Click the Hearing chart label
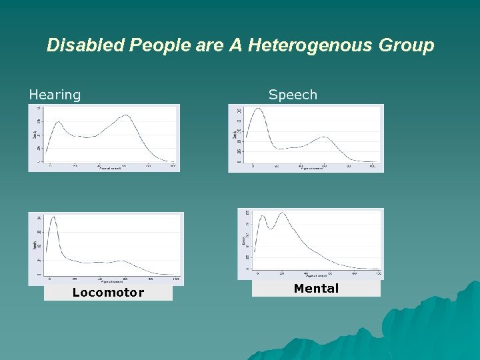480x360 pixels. pos(55,95)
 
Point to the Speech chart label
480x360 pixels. pos(293,95)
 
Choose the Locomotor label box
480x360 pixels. pos(108,293)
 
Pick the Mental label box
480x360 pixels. pos(317,288)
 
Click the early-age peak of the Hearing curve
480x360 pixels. pos(58,122)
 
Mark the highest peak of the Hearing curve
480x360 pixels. pos(126,115)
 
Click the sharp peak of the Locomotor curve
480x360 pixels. pos(53,217)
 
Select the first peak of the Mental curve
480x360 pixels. pos(263,215)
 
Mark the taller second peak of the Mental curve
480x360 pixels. pos(283,213)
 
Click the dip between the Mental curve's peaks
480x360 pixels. pos(271,228)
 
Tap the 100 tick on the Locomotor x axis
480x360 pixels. pos(175,278)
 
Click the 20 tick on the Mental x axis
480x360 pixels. pos(282,273)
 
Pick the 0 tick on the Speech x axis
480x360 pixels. pos(253,165)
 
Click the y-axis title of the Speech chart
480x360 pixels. pos(235,135)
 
